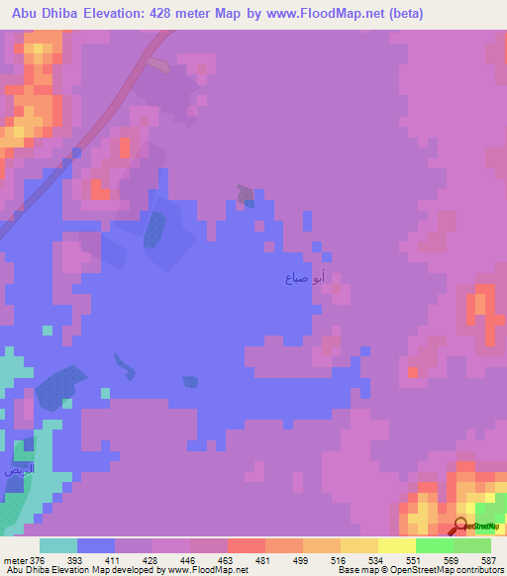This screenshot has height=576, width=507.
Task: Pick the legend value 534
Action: tap(376, 561)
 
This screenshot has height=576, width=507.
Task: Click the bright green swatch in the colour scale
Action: tap(434, 545)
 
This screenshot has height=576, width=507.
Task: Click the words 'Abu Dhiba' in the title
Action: tap(46, 14)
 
